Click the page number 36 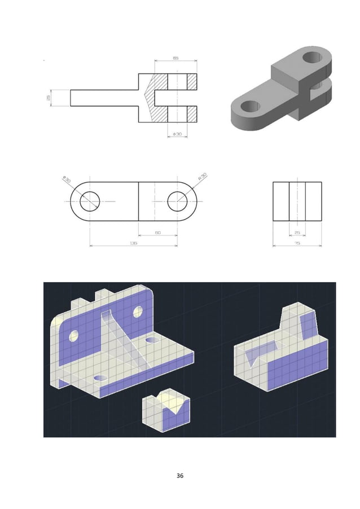pos(180,476)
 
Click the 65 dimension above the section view pos(175,58)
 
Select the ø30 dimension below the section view pos(177,134)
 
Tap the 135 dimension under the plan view pos(133,243)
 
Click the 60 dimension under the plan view pos(157,232)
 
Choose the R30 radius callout pos(202,177)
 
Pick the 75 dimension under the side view pos(297,243)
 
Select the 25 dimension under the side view pos(297,232)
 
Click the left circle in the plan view pos(90,201)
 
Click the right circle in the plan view pos(178,201)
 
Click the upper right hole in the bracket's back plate pos(138,311)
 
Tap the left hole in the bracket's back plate pos(73,336)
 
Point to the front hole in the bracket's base pos(100,378)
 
